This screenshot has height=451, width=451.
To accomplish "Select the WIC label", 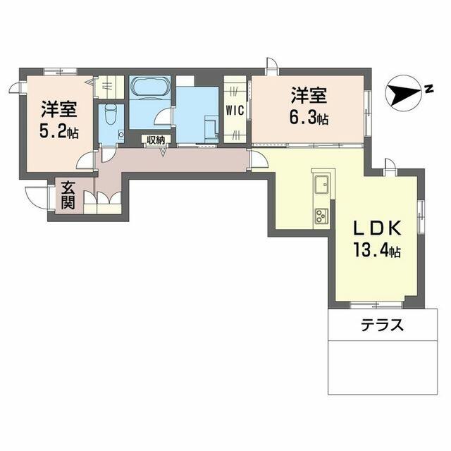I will point(234,110).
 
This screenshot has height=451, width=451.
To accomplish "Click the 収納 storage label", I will point(156,140).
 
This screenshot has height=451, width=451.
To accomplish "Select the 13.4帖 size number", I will point(377,251).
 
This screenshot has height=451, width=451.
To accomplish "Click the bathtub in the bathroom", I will point(149,89).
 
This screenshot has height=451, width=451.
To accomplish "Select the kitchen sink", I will point(321,185).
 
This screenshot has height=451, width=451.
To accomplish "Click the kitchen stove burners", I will point(321,214).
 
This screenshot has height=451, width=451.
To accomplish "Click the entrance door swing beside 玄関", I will point(35,197).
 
